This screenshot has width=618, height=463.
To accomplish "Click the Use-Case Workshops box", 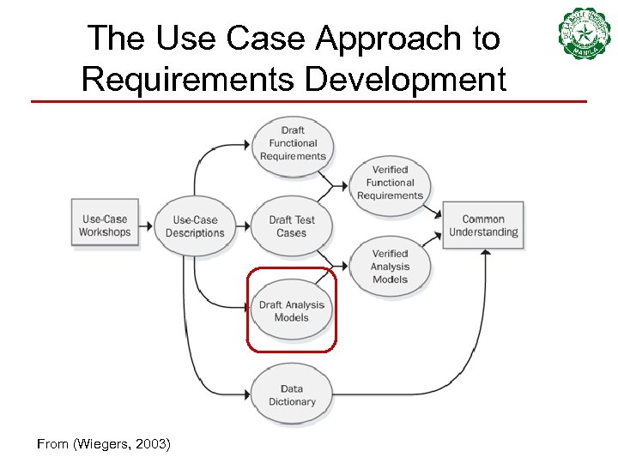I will pyautogui.click(x=105, y=225).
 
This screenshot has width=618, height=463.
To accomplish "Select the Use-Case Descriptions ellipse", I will pyautogui.click(x=195, y=226).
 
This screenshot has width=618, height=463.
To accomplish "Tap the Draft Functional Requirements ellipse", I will pyautogui.click(x=293, y=143).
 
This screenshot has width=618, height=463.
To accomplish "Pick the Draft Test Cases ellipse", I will pyautogui.click(x=292, y=226).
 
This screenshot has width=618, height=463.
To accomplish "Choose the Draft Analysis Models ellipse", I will pyautogui.click(x=292, y=310).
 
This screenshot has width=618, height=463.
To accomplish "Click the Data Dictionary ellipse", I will pyautogui.click(x=292, y=395).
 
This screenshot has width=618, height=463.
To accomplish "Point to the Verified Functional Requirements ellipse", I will pyautogui.click(x=391, y=183).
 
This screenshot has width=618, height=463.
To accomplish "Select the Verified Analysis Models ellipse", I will pyautogui.click(x=391, y=267).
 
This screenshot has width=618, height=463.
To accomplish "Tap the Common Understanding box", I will pyautogui.click(x=483, y=225).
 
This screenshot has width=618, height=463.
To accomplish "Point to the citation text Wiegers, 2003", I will pyautogui.click(x=104, y=444).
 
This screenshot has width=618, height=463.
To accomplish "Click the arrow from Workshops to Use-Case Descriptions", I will pyautogui.click(x=146, y=225).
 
